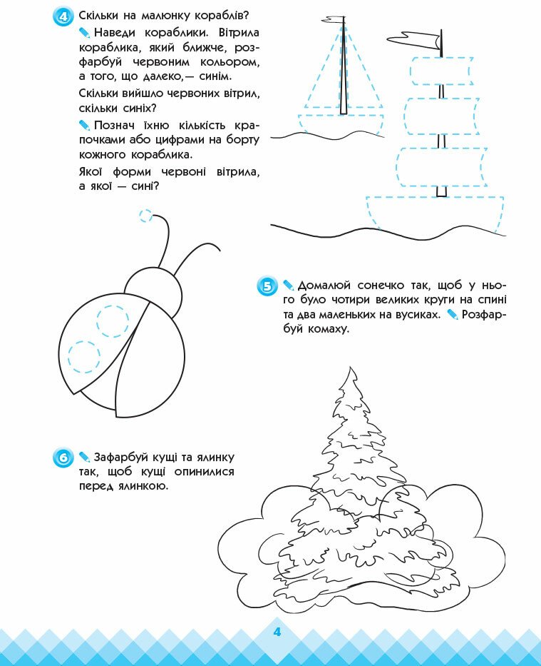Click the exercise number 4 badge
[63, 16]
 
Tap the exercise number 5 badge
[267, 286]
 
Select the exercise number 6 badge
[63, 458]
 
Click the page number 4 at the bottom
[277, 632]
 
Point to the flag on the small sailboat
[333, 19]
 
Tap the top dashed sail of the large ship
[441, 71]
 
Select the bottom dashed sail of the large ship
[441, 167]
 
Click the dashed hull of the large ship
[435, 214]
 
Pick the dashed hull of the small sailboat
[341, 125]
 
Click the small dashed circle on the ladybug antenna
[146, 216]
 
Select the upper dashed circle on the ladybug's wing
[113, 321]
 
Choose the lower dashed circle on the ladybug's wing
[84, 357]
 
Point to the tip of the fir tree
[350, 367]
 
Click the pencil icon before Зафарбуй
[84, 457]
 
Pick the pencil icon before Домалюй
[289, 285]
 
